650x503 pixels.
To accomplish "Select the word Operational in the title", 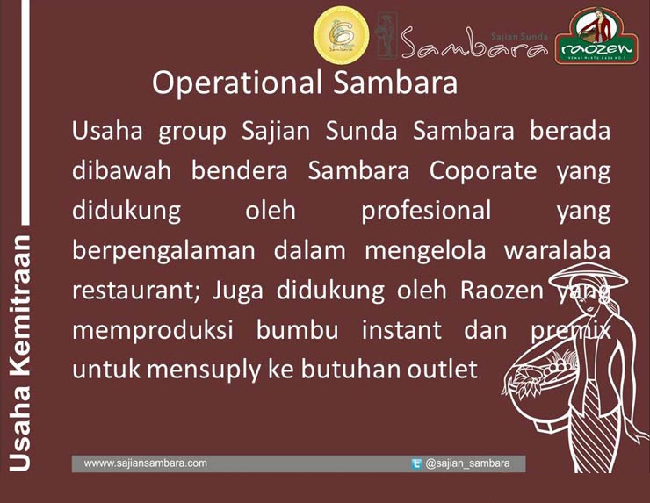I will [225, 83].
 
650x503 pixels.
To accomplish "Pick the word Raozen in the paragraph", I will [499, 290].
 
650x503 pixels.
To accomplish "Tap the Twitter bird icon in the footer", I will [416, 463].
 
